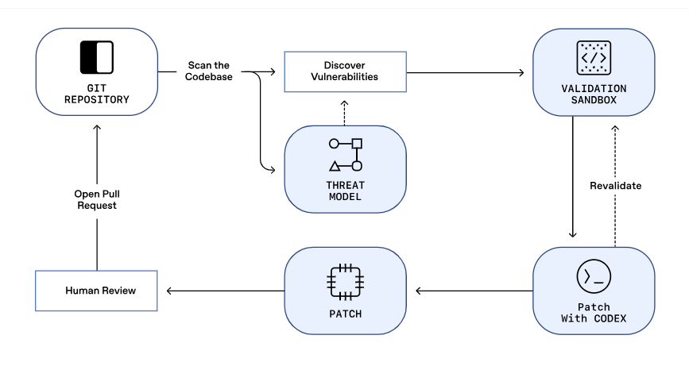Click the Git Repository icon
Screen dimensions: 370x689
pyautogui.click(x=96, y=58)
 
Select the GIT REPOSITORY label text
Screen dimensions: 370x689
pyautogui.click(x=96, y=94)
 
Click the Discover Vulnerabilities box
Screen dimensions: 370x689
pyautogui.click(x=345, y=71)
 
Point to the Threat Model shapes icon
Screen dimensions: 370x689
pyautogui.click(x=345, y=155)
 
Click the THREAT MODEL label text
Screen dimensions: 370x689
pyautogui.click(x=345, y=191)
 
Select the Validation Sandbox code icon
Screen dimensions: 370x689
pyautogui.click(x=593, y=57)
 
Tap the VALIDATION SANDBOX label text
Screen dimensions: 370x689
pyautogui.click(x=593, y=93)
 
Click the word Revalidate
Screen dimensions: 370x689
pyautogui.click(x=615, y=186)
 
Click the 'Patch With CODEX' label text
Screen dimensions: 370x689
pyautogui.click(x=593, y=313)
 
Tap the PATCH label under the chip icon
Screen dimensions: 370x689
pyautogui.click(x=345, y=314)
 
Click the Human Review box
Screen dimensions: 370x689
pyautogui.click(x=96, y=291)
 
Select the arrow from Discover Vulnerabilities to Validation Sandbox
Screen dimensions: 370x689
pyautogui.click(x=465, y=73)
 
